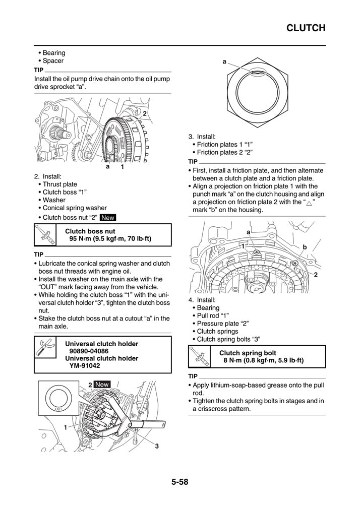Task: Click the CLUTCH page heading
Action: [x=306, y=28]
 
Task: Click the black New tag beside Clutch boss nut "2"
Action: [x=108, y=218]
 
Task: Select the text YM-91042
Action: [x=84, y=366]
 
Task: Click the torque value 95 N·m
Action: [x=84, y=238]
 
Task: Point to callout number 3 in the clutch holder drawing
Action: [x=157, y=446]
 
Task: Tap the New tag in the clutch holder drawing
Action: [x=102, y=384]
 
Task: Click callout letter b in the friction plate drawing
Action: [x=305, y=246]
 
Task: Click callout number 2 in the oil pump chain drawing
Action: [x=144, y=114]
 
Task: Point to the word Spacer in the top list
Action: [x=53, y=60]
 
